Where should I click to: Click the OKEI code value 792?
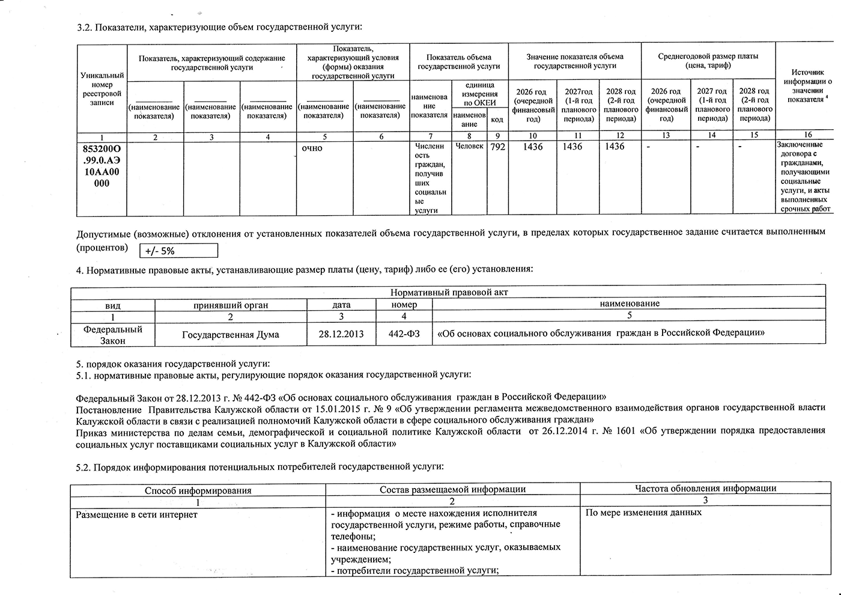(497, 147)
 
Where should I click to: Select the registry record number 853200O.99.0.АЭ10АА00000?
(102, 166)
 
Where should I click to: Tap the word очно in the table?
(312, 148)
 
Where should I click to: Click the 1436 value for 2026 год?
(532, 147)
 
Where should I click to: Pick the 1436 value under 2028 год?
(615, 147)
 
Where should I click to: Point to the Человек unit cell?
(469, 147)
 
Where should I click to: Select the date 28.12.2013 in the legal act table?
(341, 334)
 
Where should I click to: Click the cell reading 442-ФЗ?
(404, 334)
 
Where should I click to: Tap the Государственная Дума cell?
(231, 335)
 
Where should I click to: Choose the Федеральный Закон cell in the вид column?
(113, 335)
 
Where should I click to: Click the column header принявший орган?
(231, 305)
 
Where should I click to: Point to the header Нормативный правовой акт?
(449, 293)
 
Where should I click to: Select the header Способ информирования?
(198, 490)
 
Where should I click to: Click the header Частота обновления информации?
(705, 489)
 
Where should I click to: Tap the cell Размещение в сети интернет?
(137, 514)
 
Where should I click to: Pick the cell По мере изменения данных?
(643, 513)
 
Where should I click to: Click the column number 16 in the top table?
(807, 135)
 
